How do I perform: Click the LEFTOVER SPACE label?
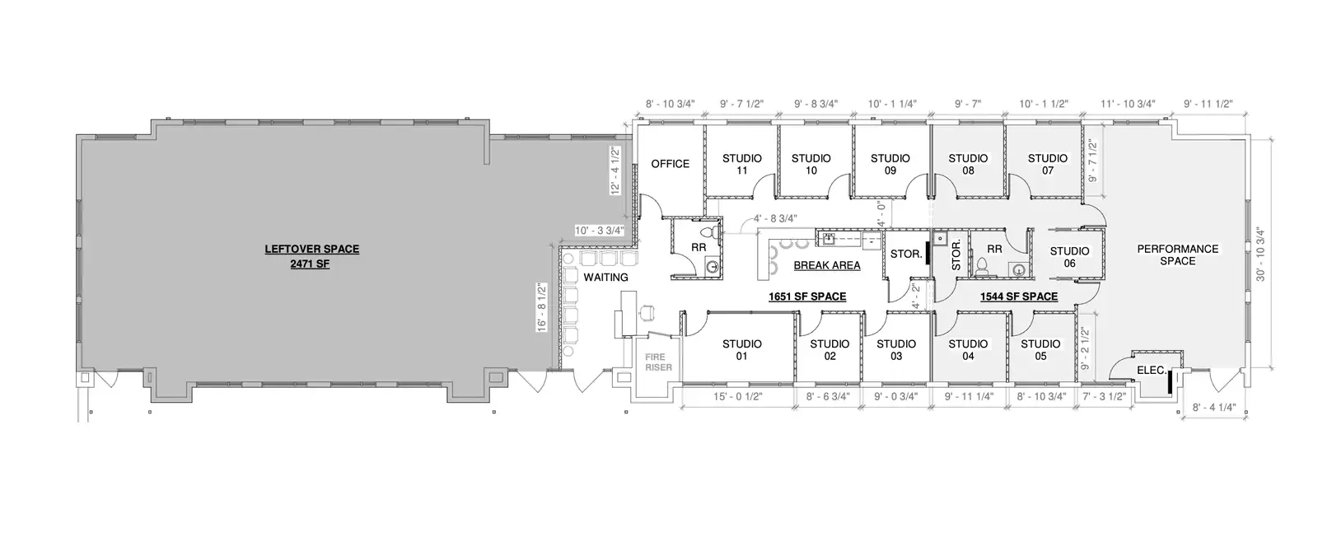pyautogui.click(x=312, y=249)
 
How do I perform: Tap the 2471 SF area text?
pyautogui.click(x=310, y=264)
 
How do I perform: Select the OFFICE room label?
pyautogui.click(x=671, y=164)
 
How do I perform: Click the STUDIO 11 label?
pyautogui.click(x=742, y=164)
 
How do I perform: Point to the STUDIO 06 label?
pyautogui.click(x=1070, y=257)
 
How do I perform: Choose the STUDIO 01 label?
pyautogui.click(x=742, y=350)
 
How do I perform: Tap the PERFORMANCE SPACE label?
pyautogui.click(x=1177, y=254)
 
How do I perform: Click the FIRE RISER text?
pyautogui.click(x=658, y=362)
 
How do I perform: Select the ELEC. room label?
pyautogui.click(x=1152, y=370)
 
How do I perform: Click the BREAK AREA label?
pyautogui.click(x=827, y=265)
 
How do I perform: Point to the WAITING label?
pyautogui.click(x=605, y=277)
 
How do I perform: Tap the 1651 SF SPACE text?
pyautogui.click(x=807, y=297)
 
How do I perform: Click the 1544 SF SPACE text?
pyautogui.click(x=1018, y=297)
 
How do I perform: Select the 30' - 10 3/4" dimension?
pyautogui.click(x=1260, y=254)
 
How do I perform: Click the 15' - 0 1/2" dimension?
pyautogui.click(x=738, y=396)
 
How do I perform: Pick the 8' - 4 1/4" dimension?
pyautogui.click(x=1214, y=407)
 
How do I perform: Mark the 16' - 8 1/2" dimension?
pyautogui.click(x=542, y=307)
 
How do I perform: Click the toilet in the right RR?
pyautogui.click(x=980, y=268)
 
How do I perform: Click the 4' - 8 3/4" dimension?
pyautogui.click(x=775, y=218)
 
